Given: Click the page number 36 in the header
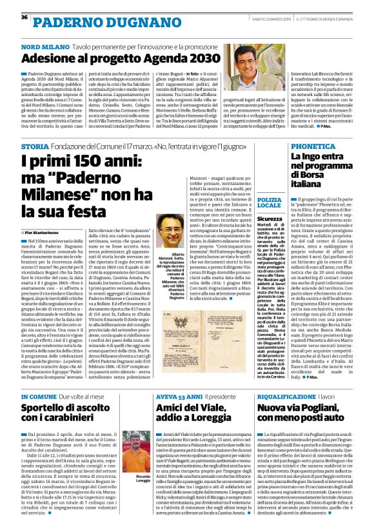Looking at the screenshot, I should coord(24,17).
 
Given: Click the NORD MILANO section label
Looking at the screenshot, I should coord(43,48).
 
